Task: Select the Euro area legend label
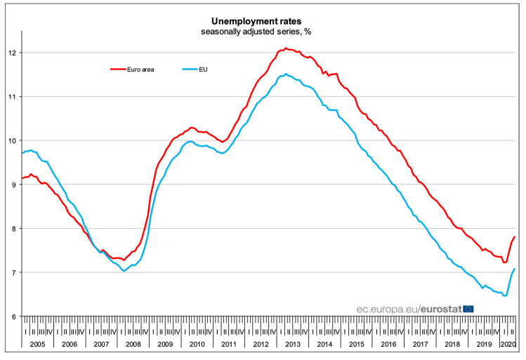point(140,69)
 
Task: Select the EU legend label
point(204,69)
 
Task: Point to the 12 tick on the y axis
point(13,53)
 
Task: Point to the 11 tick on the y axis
point(13,96)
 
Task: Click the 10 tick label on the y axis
point(13,140)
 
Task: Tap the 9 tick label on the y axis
point(15,185)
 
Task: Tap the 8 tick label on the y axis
point(15,228)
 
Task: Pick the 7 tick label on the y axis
point(15,272)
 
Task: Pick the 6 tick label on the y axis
point(15,316)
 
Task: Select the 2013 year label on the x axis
point(292,344)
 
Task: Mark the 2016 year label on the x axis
point(388,344)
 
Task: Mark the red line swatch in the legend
point(118,69)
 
